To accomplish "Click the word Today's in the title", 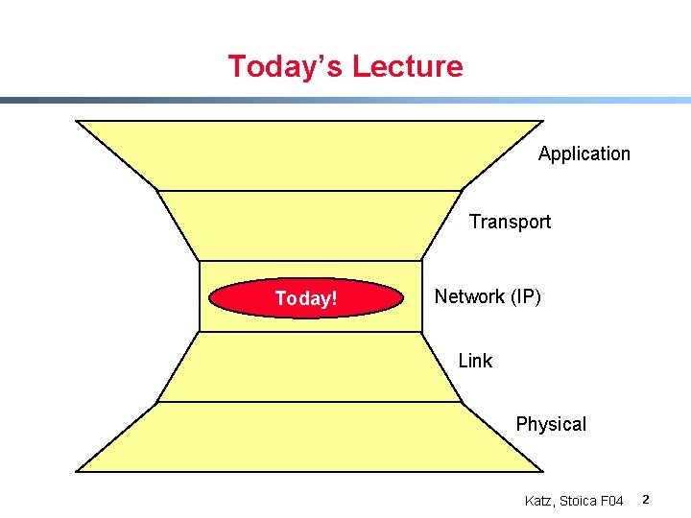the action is point(285,67).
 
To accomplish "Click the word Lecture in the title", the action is point(407,67).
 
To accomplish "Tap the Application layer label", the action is point(584,153).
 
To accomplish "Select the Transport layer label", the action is point(510,222).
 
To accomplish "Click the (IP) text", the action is point(524,296).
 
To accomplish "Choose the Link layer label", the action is point(475,361).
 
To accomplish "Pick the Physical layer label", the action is point(551,424).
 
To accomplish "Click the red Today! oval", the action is point(306,298).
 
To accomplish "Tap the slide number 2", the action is point(646,500).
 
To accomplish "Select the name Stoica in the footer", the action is point(579,501).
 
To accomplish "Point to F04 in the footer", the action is point(611,501).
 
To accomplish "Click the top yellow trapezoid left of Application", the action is point(307,154).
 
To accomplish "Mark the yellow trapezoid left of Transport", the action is point(307,225).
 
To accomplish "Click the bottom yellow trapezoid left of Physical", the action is point(307,436).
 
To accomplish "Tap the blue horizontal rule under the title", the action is point(345,100).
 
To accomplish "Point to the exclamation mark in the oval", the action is point(334,298).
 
